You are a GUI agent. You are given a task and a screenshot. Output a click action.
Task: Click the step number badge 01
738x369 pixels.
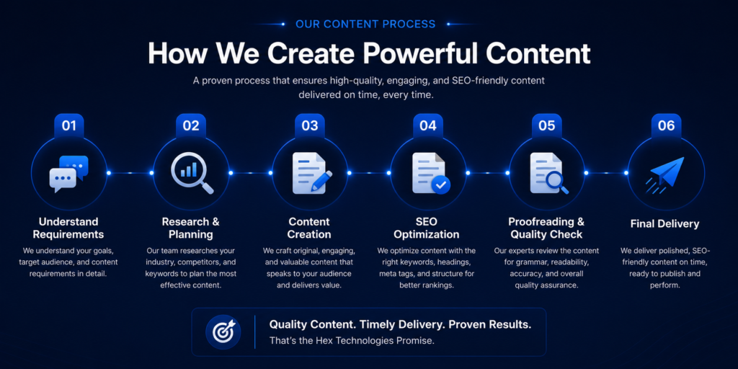tap(69, 125)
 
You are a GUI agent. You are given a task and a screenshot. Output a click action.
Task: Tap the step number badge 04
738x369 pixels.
tap(428, 125)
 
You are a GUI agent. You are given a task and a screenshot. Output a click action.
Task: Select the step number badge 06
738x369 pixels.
tap(666, 125)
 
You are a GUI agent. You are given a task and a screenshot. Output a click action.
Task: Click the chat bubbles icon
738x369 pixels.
tap(68, 174)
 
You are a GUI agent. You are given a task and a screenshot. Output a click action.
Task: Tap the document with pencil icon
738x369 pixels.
tap(311, 173)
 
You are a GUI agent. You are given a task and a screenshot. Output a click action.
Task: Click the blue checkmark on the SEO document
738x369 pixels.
tap(441, 185)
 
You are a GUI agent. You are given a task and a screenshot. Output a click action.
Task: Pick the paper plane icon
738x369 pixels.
tap(665, 174)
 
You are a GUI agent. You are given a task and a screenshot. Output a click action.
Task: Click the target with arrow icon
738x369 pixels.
tap(223, 332)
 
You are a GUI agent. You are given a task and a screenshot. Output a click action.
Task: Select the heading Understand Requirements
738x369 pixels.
tap(68, 228)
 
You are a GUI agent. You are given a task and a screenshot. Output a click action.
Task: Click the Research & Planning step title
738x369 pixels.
tap(190, 228)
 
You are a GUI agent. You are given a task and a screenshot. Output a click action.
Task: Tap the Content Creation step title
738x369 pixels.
tap(309, 228)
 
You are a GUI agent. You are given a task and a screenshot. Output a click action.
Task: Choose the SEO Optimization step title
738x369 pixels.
tap(427, 228)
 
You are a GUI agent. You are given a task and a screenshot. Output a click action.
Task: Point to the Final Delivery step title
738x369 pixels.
tap(665, 223)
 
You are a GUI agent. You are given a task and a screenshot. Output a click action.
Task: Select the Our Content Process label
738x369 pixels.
tap(365, 24)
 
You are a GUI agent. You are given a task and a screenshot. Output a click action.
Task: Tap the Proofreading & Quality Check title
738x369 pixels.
tap(546, 228)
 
